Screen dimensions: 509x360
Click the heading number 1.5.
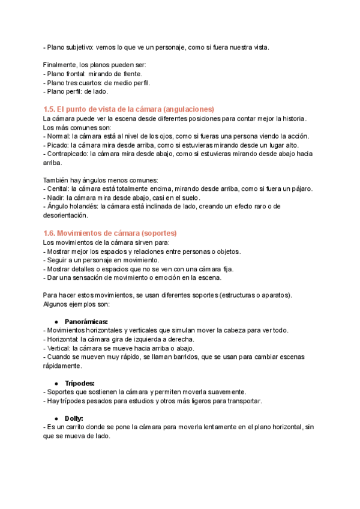click(50, 109)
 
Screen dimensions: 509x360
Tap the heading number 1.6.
click(50, 233)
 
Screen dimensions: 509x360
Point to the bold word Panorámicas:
click(86, 321)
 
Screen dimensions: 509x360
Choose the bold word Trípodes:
click(79, 382)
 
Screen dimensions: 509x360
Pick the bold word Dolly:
click(74, 418)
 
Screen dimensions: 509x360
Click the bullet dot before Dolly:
click(56, 418)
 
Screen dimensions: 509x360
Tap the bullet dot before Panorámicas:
click(56, 321)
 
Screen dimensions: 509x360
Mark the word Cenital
click(58, 188)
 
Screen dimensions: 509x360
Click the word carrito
click(74, 427)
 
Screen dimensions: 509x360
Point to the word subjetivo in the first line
click(82, 47)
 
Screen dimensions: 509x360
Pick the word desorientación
click(65, 215)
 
